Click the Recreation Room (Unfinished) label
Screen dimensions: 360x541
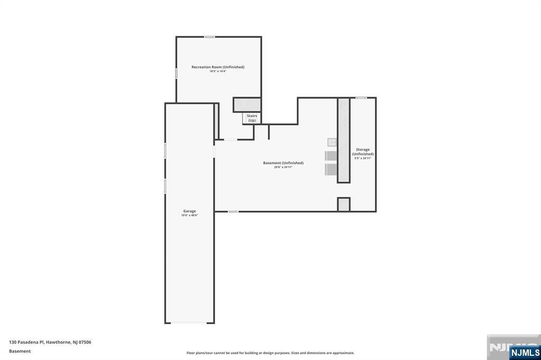(218, 67)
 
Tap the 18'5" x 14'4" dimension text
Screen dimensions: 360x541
(218, 71)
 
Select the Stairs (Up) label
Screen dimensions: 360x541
(252, 118)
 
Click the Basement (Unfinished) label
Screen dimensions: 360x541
(283, 163)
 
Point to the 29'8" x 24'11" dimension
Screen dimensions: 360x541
(283, 167)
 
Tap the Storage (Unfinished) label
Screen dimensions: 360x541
(363, 152)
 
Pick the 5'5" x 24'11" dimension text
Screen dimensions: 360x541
(363, 158)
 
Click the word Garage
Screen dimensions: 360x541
(190, 211)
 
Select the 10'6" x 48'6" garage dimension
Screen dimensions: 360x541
(190, 215)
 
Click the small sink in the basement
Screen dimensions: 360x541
(332, 141)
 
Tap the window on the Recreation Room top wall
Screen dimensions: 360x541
(210, 37)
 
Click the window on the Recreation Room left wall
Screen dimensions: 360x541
(176, 73)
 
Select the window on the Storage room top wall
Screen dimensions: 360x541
(361, 98)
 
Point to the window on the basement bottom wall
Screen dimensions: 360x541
(233, 212)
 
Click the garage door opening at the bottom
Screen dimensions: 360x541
(190, 323)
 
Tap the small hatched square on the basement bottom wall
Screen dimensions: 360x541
(343, 205)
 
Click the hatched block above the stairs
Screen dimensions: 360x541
(247, 105)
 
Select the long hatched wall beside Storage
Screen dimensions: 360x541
(343, 140)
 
